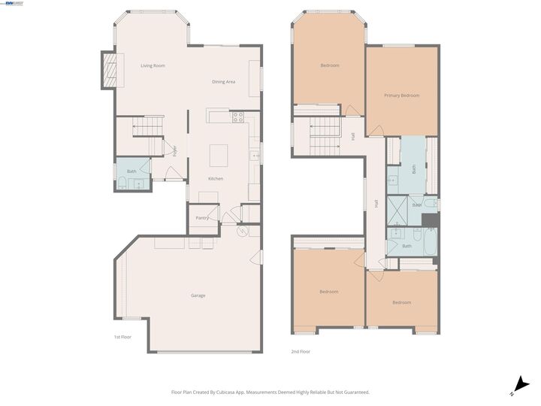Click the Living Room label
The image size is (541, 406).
[153, 66]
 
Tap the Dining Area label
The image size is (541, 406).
[224, 81]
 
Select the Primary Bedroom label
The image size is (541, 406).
[401, 95]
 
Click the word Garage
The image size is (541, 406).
[198, 295]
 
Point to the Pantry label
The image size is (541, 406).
[201, 218]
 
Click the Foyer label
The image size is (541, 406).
[174, 150]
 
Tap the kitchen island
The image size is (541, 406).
[218, 155]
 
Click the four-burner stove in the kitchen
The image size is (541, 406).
[238, 117]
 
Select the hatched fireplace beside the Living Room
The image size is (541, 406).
[110, 70]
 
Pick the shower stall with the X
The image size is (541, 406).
[395, 220]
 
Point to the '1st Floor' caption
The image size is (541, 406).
[122, 337]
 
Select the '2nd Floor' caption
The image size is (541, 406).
[301, 351]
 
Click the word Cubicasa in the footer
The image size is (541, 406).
[237, 392]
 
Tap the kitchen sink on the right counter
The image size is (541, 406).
[255, 156]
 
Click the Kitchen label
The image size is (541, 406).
[216, 178]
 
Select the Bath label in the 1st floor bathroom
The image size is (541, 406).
[131, 171]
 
